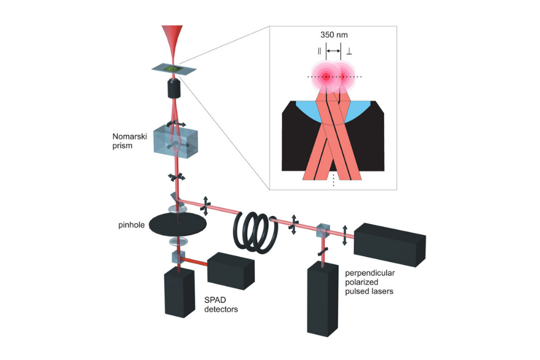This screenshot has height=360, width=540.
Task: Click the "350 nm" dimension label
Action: (x=333, y=36)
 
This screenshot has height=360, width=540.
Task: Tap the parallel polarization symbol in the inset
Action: (x=320, y=52)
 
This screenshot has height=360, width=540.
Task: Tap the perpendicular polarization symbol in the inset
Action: (x=349, y=52)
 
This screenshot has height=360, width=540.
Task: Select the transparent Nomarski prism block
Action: (x=176, y=140)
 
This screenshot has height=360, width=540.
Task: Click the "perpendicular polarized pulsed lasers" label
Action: (x=369, y=282)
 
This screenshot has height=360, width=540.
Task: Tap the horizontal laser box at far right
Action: (x=389, y=243)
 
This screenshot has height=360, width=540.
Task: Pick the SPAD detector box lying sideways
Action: (x=231, y=269)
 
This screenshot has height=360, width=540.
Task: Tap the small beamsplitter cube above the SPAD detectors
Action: (x=178, y=257)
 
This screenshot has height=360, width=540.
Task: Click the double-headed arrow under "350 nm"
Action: (x=334, y=52)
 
